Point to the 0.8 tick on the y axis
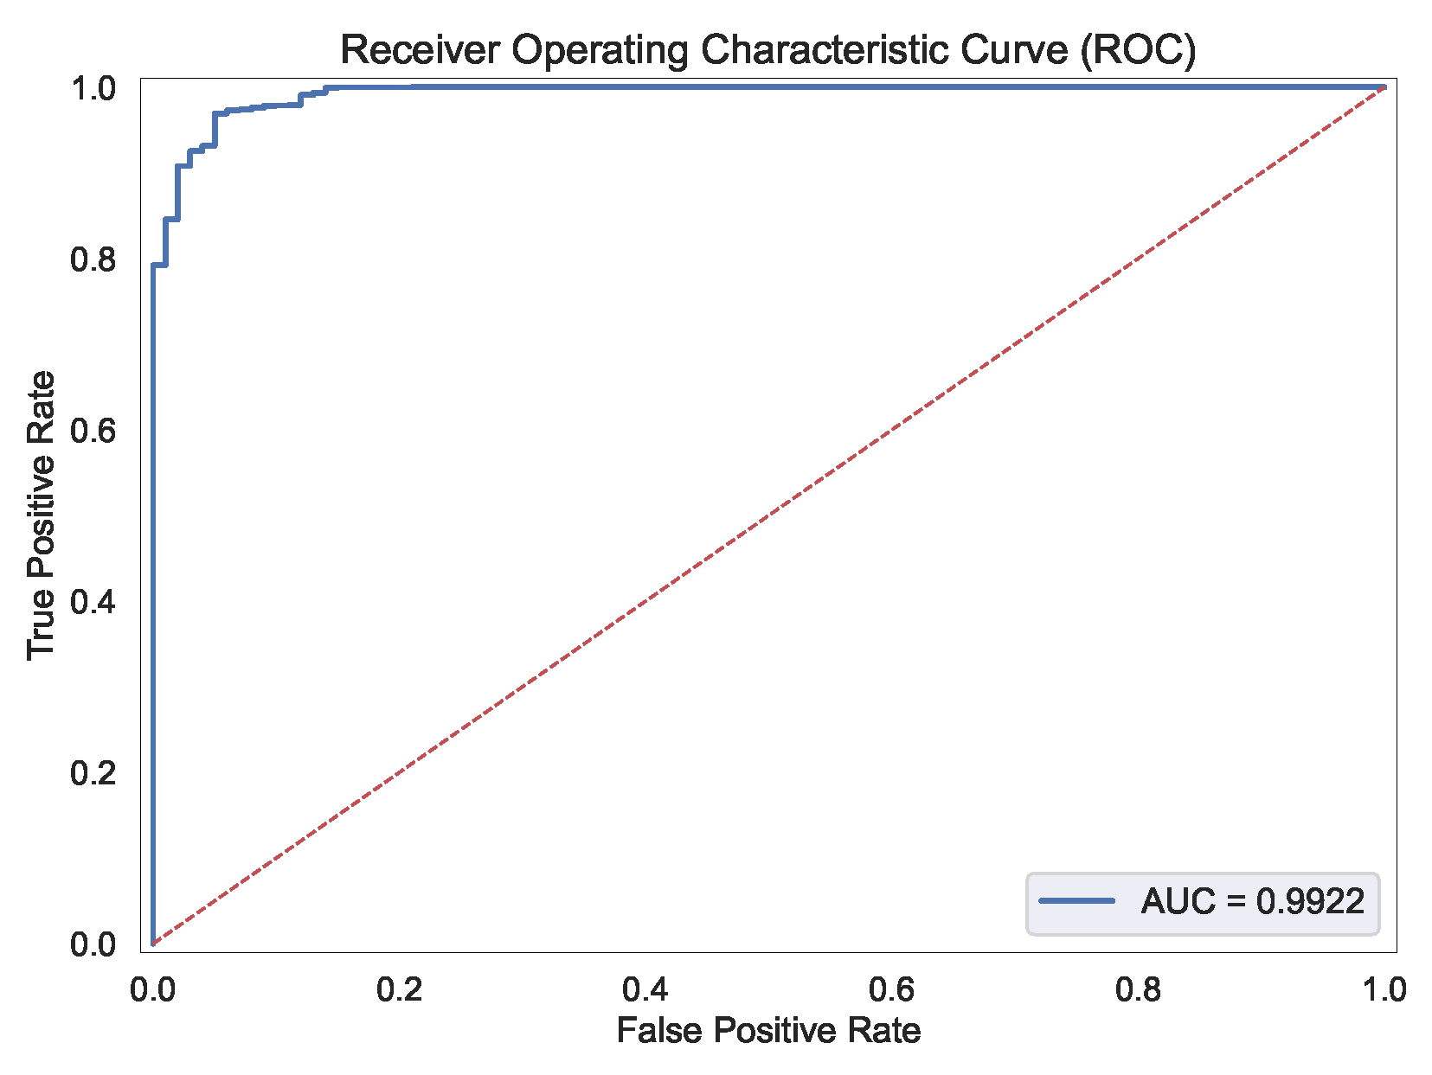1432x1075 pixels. (x=93, y=259)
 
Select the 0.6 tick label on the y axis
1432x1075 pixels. (x=93, y=431)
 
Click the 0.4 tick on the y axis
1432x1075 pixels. (x=93, y=602)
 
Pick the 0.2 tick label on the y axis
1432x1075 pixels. (x=93, y=773)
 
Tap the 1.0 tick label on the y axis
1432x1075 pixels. (x=93, y=88)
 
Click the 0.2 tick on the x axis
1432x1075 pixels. (x=399, y=989)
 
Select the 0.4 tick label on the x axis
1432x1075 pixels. (x=645, y=989)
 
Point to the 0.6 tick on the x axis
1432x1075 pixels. (x=892, y=989)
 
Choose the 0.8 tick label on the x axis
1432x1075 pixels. (x=1139, y=989)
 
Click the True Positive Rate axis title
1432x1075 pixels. (x=41, y=515)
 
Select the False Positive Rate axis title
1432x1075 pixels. (x=768, y=1031)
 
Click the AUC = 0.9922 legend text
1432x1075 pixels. (x=1252, y=901)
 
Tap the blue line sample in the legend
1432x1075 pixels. (x=1076, y=901)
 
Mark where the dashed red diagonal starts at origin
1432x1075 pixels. (x=153, y=944)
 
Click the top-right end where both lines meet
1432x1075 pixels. (x=1384, y=86)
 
